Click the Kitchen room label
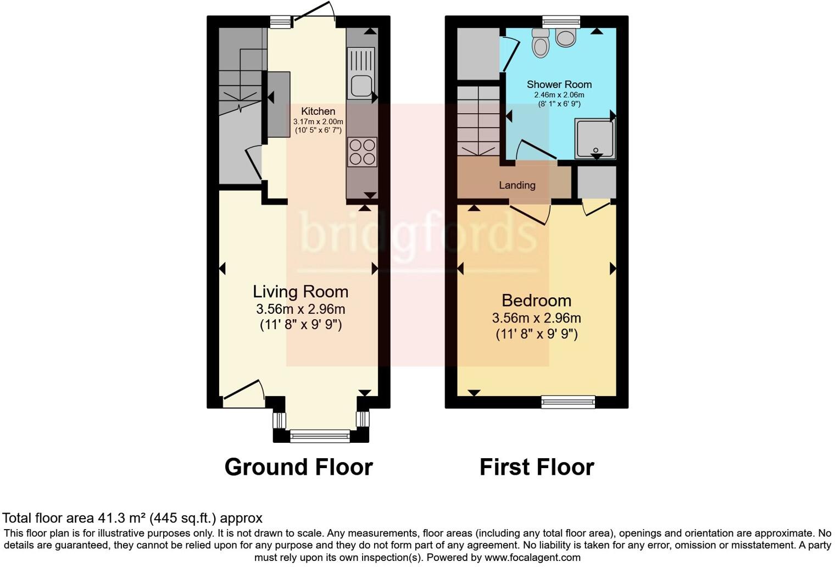[x=318, y=111]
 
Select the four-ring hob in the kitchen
[x=363, y=152]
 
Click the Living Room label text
[x=300, y=291]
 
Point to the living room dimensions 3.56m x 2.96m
[x=300, y=309]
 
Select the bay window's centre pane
[x=320, y=436]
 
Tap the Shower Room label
[x=559, y=84]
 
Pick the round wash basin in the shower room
[x=566, y=37]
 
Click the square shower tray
[x=594, y=138]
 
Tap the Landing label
[x=517, y=185]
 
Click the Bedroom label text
[x=536, y=301]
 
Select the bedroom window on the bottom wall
[x=568, y=402]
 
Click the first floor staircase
[x=478, y=121]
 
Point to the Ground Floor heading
[x=298, y=467]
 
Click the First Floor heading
[x=537, y=467]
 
